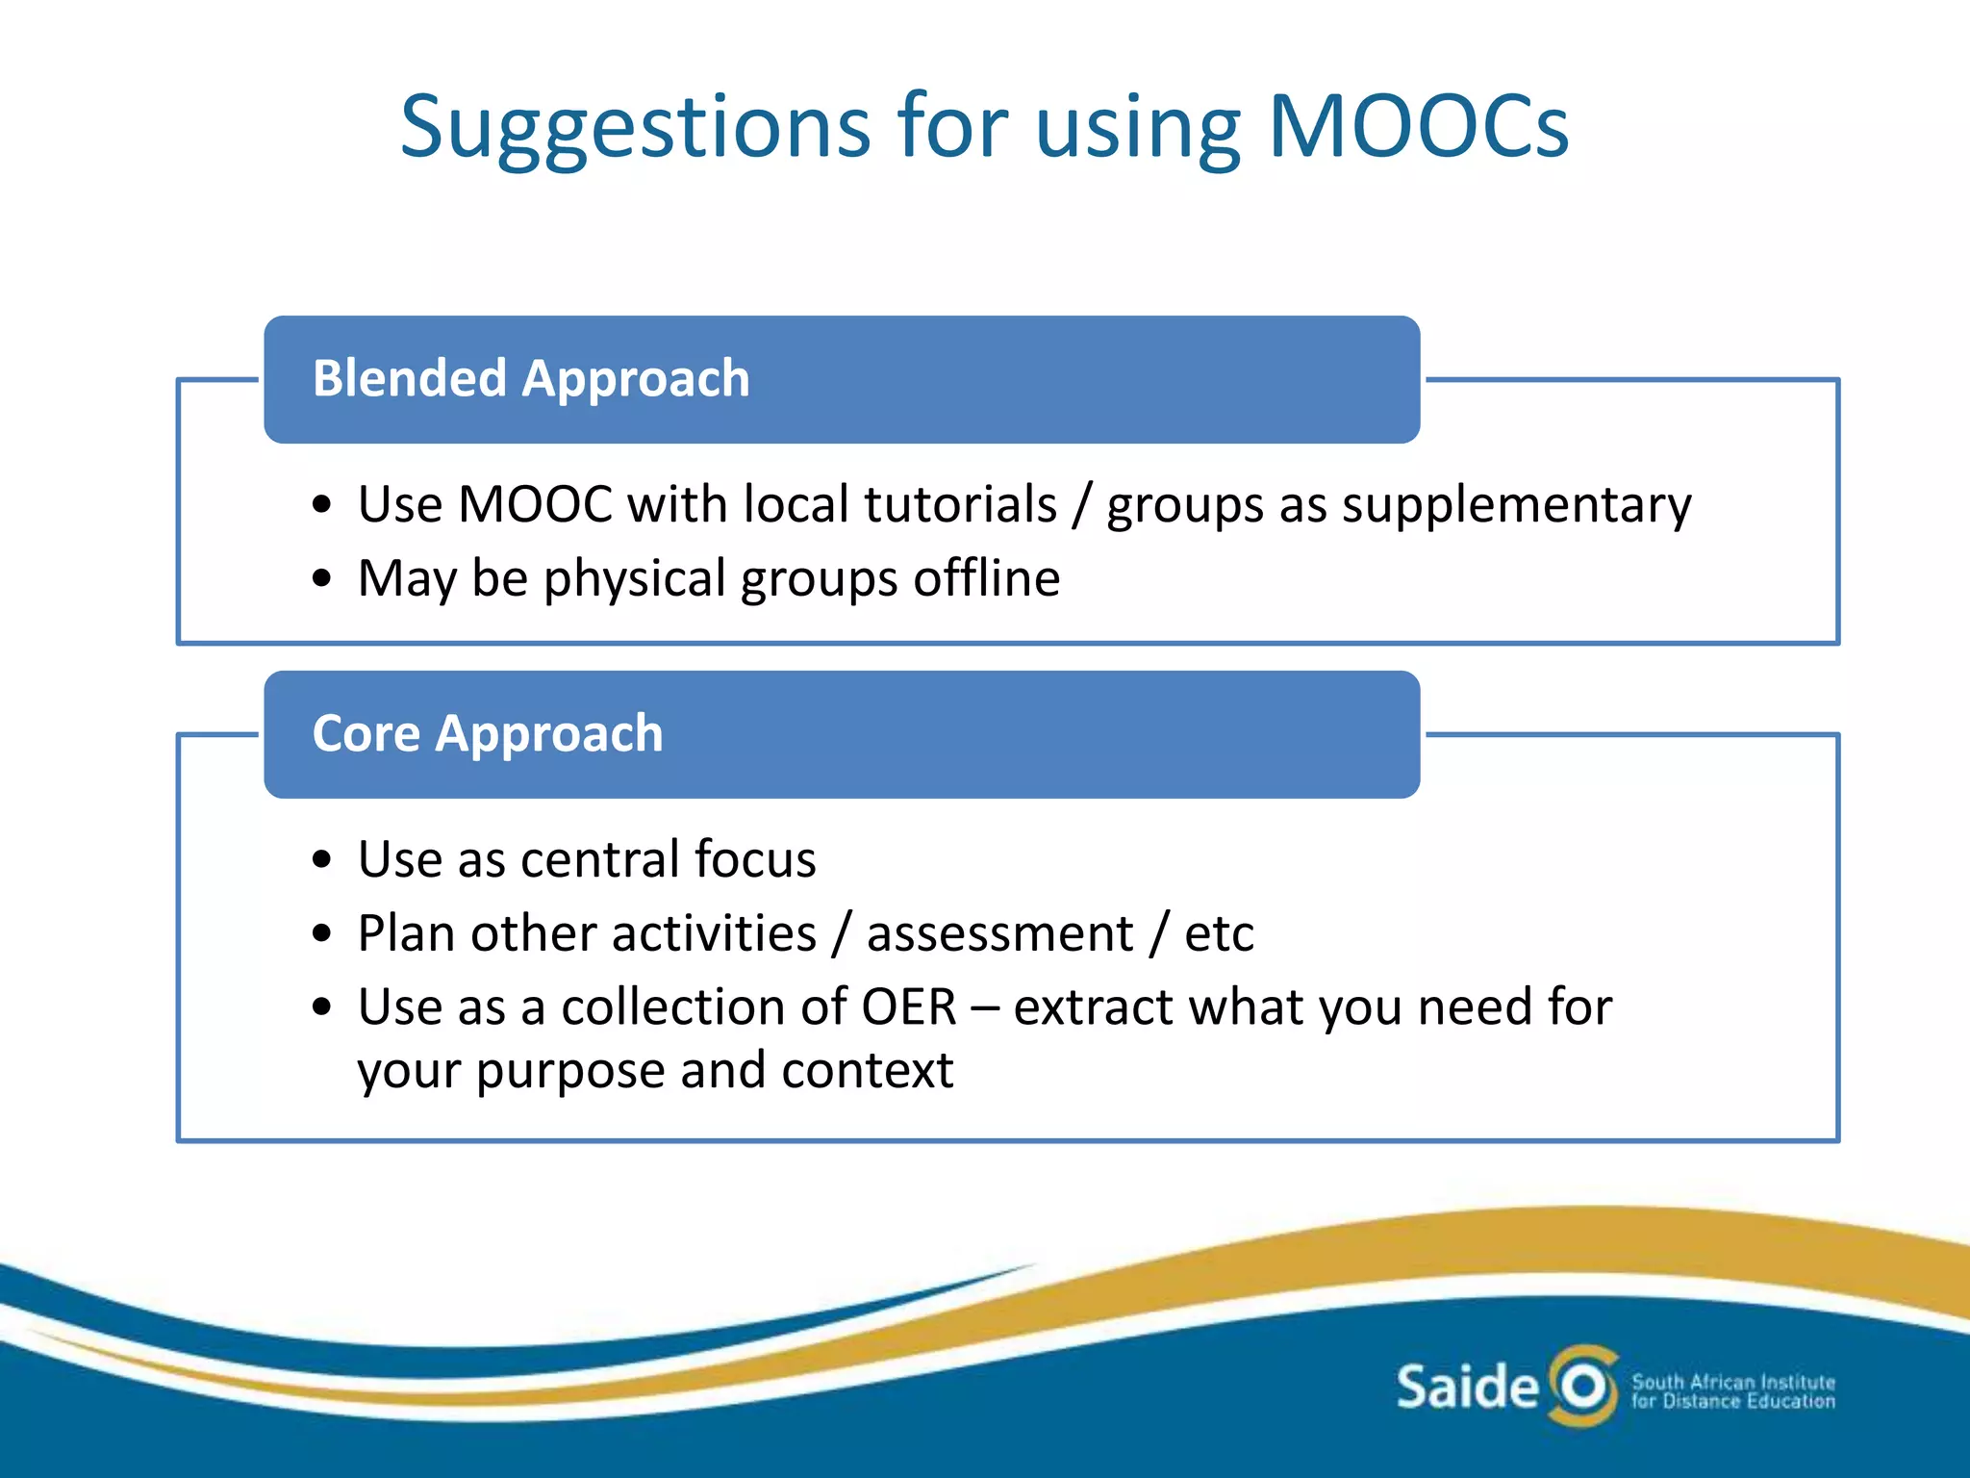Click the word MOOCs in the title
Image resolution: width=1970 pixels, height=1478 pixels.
pyautogui.click(x=1419, y=127)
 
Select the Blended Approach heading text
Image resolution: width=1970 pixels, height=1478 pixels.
pyautogui.click(x=531, y=378)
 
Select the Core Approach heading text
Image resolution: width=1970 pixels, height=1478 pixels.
pyautogui.click(x=488, y=734)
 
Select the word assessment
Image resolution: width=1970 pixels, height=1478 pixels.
pyautogui.click(x=999, y=934)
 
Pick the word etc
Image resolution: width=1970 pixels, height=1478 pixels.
pyautogui.click(x=1219, y=934)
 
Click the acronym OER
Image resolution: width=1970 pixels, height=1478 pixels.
pyautogui.click(x=909, y=1007)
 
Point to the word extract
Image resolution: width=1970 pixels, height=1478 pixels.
pyautogui.click(x=1094, y=1007)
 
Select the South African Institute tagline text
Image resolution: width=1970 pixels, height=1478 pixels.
pyautogui.click(x=1732, y=1391)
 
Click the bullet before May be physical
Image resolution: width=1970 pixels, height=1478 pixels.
pyautogui.click(x=322, y=579)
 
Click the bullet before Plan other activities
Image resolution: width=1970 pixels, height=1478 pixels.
pyautogui.click(x=322, y=933)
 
